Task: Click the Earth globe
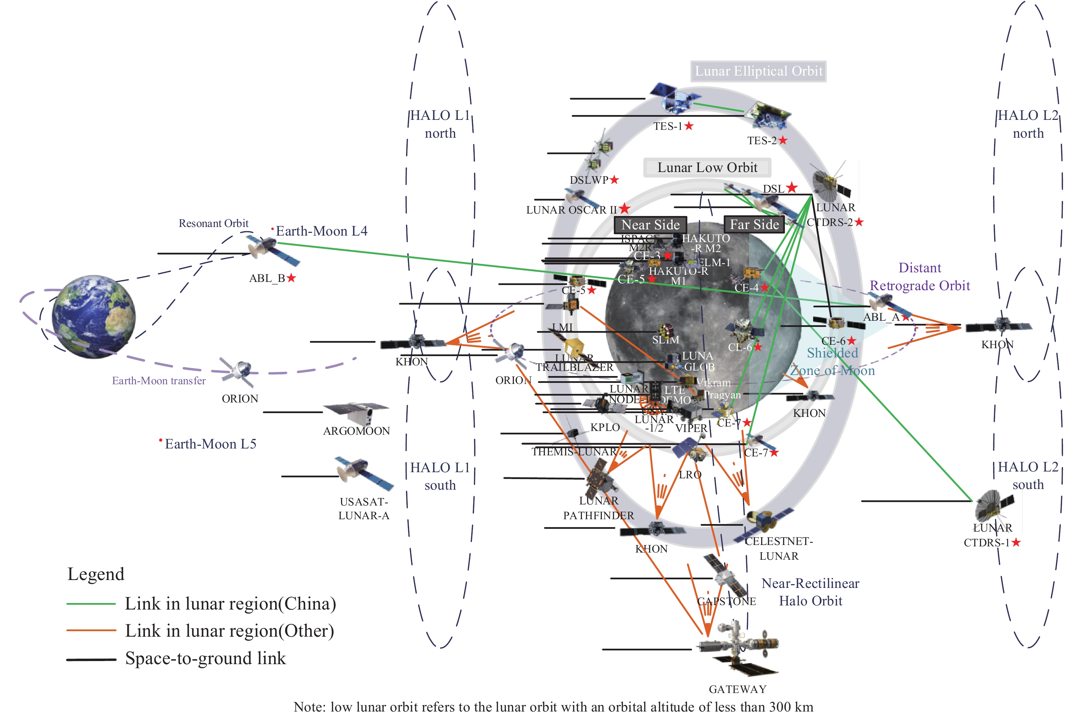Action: [x=94, y=316]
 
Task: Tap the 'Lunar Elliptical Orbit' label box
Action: [x=758, y=71]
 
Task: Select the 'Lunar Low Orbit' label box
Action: [x=707, y=168]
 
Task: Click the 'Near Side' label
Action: [x=650, y=225]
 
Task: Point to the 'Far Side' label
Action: [x=754, y=224]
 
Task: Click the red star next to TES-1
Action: [x=689, y=126]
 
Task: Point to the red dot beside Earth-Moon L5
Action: [x=160, y=440]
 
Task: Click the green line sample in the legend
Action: [x=91, y=604]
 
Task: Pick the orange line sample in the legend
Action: [x=91, y=630]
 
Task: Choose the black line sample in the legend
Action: [x=91, y=659]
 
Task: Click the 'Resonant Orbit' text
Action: [x=213, y=223]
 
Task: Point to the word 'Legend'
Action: [x=95, y=574]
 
